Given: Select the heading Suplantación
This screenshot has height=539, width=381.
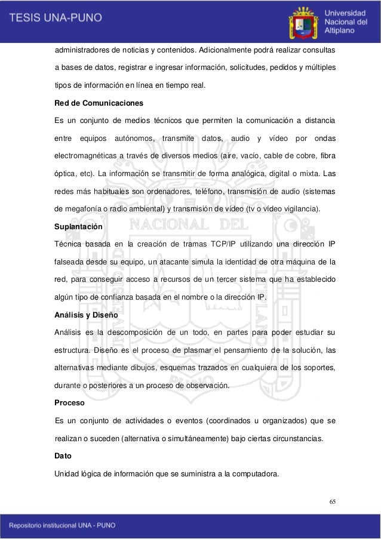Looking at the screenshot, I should (x=78, y=227).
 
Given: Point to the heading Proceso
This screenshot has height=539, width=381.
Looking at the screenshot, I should (x=69, y=402).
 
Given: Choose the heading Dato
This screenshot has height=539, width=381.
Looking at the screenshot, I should (x=63, y=455).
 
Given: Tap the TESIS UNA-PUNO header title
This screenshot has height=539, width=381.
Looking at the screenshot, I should (x=55, y=18).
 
